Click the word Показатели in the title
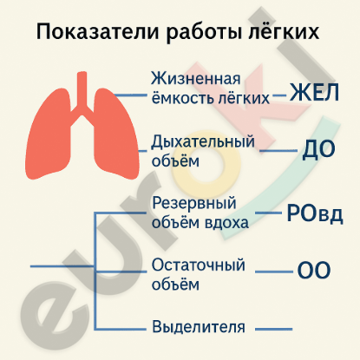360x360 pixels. tap(97, 32)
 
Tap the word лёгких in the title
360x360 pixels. tap(284, 31)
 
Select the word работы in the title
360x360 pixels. tap(204, 32)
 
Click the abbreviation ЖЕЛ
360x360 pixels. tap(314, 93)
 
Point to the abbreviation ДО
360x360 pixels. tap(318, 150)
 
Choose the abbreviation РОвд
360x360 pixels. tap(315, 214)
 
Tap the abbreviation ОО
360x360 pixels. tap(314, 271)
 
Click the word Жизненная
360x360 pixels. tap(196, 78)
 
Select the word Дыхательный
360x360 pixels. tap(203, 142)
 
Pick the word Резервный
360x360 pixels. tap(194, 204)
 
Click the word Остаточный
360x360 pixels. tap(199, 265)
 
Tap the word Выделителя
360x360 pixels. tap(199, 327)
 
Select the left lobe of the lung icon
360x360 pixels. tap(49, 136)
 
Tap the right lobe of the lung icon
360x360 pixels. tap(115, 136)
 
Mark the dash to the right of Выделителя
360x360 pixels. tap(274, 329)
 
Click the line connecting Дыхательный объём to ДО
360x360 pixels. tap(278, 151)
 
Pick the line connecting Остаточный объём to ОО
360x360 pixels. tap(274, 272)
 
